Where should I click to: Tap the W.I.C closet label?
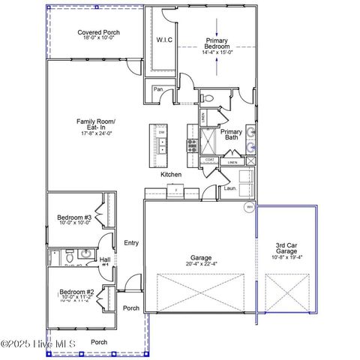[x=165, y=40]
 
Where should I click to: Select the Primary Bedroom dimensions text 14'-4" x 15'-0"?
[x=217, y=52]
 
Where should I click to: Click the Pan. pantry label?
[x=158, y=89]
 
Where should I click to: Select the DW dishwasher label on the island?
[x=160, y=133]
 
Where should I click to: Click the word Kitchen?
[x=171, y=175]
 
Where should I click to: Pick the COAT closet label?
[x=210, y=160]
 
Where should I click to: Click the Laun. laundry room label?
[x=230, y=188]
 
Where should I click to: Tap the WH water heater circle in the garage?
[x=249, y=208]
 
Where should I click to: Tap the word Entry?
[x=131, y=242]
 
